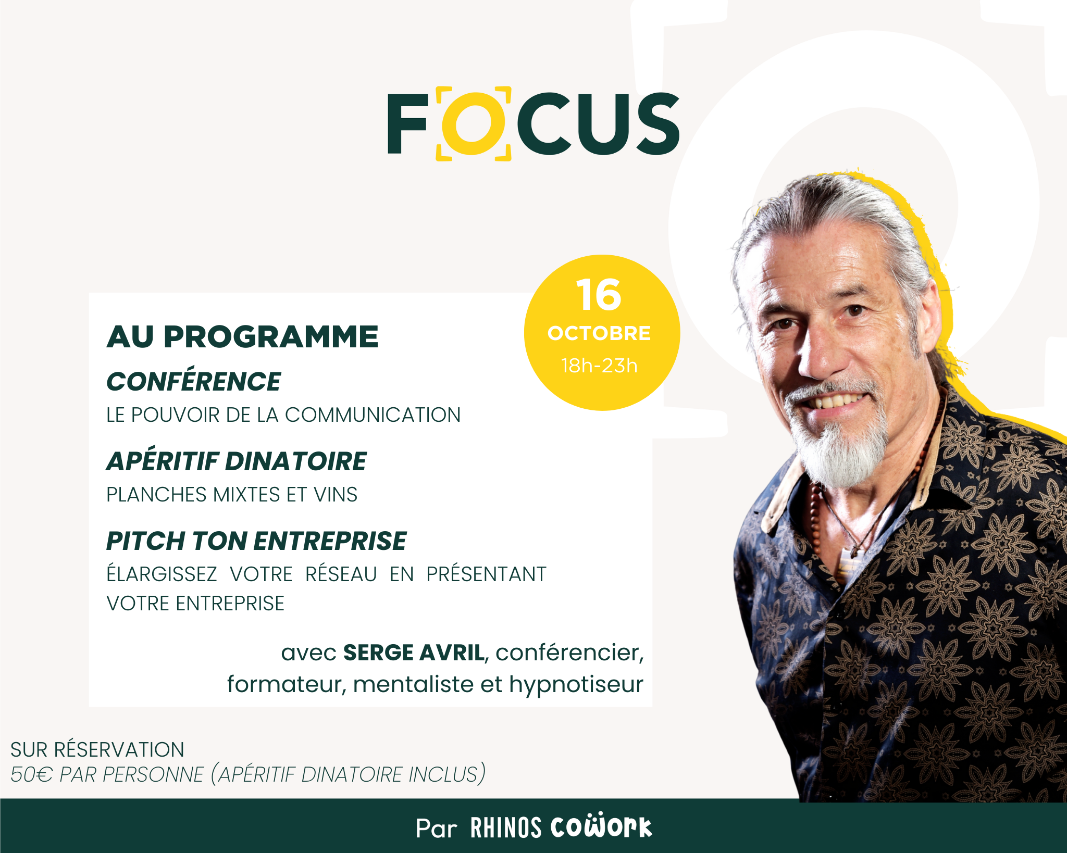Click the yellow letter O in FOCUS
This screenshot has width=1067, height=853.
click(x=473, y=124)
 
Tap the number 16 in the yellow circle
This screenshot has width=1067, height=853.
click(x=599, y=295)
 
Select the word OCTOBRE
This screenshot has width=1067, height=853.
click(x=599, y=333)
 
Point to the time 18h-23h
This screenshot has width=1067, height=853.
click(x=599, y=366)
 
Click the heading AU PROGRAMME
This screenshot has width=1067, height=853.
click(x=242, y=336)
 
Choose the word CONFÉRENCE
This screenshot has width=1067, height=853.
click(x=193, y=381)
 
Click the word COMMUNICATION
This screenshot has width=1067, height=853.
click(x=373, y=415)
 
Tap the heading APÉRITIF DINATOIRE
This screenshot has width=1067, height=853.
click(x=237, y=461)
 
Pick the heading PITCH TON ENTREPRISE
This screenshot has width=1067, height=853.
click(x=256, y=541)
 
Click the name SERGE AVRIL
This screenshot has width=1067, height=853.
click(x=414, y=653)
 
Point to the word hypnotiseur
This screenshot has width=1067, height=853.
click(x=576, y=685)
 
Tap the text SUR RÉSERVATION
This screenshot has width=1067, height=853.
click(x=97, y=749)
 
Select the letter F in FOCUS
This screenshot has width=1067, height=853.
click(x=407, y=124)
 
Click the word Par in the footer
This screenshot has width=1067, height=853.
click(x=437, y=828)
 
